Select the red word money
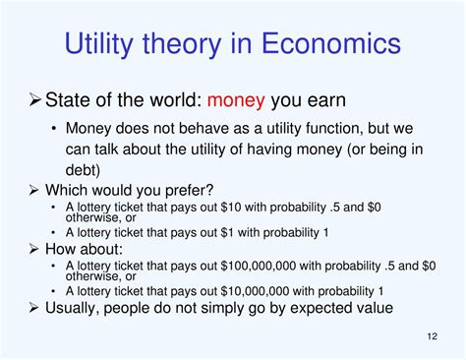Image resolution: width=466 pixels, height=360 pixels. (x=240, y=100)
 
